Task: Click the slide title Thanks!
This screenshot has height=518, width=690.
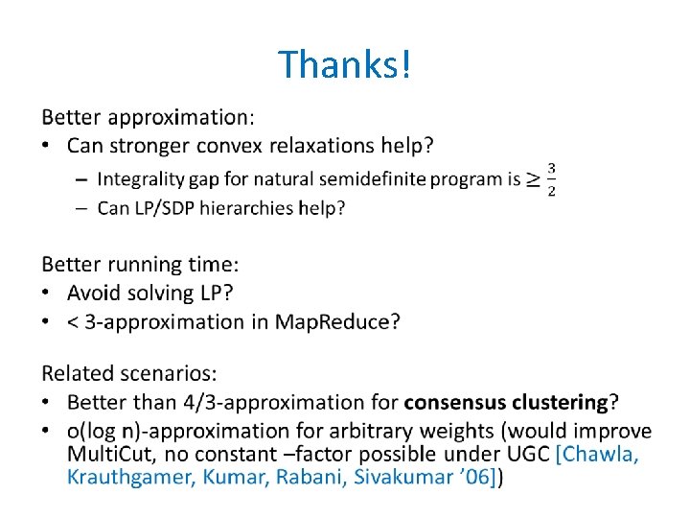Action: coord(345,64)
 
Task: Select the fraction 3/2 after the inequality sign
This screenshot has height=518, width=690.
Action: coord(551,178)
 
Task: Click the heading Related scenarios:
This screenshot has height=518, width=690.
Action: coord(129,373)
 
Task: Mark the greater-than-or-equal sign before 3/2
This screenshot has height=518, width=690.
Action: coord(533,178)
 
